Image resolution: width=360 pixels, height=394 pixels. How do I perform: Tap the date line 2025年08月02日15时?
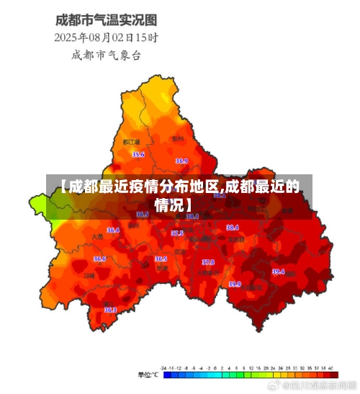(x=107, y=37)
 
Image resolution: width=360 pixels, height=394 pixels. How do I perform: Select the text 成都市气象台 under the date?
(x=106, y=55)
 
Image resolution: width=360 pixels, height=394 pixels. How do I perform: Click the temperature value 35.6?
(x=138, y=155)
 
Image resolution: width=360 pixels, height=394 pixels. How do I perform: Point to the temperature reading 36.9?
(x=181, y=161)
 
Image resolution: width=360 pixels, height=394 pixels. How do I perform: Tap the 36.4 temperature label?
(x=113, y=230)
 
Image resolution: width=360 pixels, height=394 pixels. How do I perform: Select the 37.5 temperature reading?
(x=177, y=233)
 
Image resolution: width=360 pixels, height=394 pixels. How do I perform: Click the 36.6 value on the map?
(x=99, y=259)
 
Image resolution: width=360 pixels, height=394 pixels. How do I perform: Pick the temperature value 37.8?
(x=208, y=262)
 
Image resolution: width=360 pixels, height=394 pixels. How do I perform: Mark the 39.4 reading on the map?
(x=278, y=272)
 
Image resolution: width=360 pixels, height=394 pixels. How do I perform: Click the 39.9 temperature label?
(x=235, y=285)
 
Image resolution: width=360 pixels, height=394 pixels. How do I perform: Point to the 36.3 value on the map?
(x=110, y=310)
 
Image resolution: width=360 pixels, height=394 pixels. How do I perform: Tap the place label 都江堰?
(x=131, y=143)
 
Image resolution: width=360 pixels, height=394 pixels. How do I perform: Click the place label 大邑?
(x=98, y=236)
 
